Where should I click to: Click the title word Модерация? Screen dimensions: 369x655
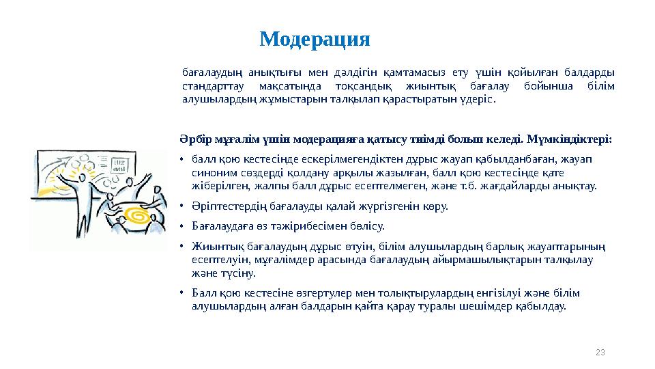click(x=315, y=40)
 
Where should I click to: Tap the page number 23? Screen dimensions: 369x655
click(x=600, y=352)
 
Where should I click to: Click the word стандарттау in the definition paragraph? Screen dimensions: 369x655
click(x=211, y=86)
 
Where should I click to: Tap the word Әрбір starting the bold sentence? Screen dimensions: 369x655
click(x=191, y=139)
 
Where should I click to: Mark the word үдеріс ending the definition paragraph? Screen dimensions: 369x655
click(x=476, y=100)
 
